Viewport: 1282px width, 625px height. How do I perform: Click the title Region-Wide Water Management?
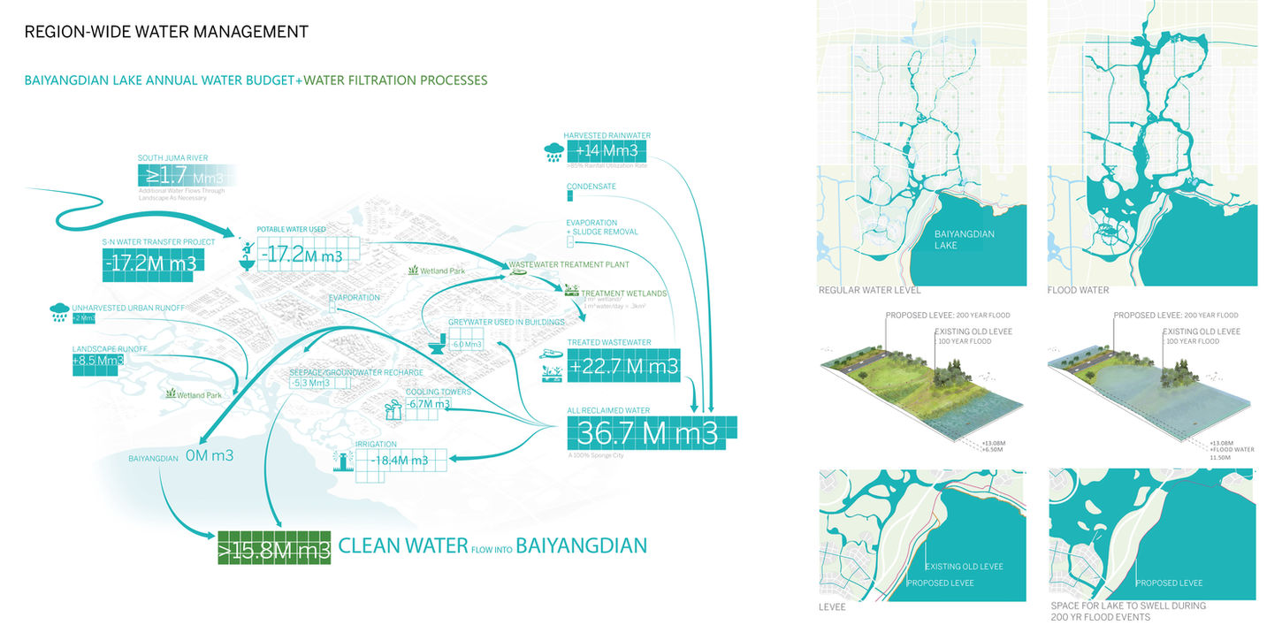coord(166,32)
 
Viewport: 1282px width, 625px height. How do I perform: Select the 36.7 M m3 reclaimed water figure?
coord(651,432)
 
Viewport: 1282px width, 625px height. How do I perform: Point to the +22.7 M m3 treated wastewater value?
coord(624,366)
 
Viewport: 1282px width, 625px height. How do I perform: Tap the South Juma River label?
coord(172,158)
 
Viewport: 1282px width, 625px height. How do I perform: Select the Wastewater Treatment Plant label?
coord(568,264)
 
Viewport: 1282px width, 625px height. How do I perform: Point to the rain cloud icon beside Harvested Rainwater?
coord(554,151)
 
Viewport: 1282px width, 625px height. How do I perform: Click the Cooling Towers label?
coord(438,392)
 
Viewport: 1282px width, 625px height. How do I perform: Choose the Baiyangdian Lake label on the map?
coord(965,240)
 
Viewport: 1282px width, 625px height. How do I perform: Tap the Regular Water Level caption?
coord(869,290)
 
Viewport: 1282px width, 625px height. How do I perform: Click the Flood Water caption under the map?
coord(1079,290)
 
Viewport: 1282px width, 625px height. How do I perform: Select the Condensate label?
coord(591,187)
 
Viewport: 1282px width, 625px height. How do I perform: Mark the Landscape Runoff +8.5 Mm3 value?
coord(98,361)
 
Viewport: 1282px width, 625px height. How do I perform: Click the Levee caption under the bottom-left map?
coord(832,607)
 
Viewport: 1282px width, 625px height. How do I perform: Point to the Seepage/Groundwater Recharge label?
coord(347,372)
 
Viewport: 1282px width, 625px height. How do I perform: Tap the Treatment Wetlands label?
coord(623,293)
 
